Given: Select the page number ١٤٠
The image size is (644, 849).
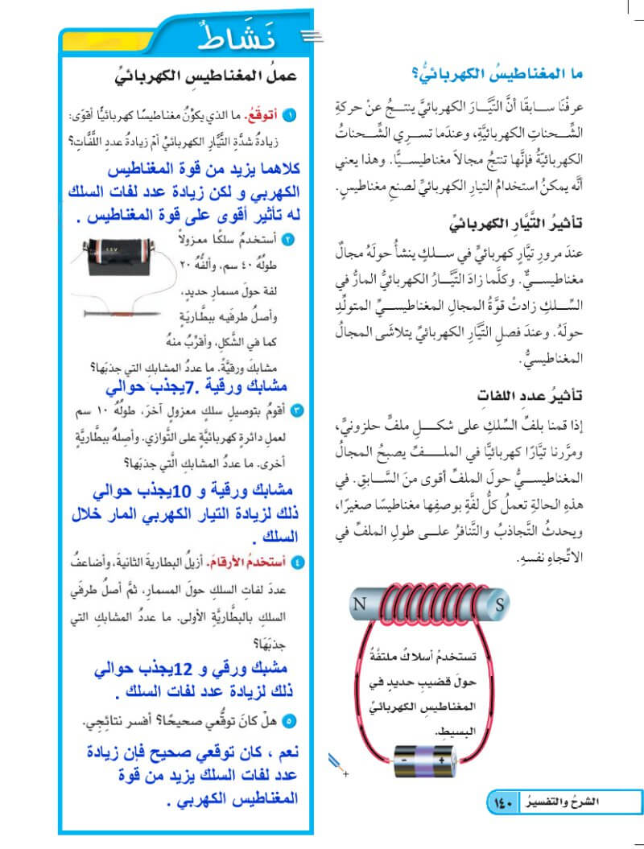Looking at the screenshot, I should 501,802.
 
